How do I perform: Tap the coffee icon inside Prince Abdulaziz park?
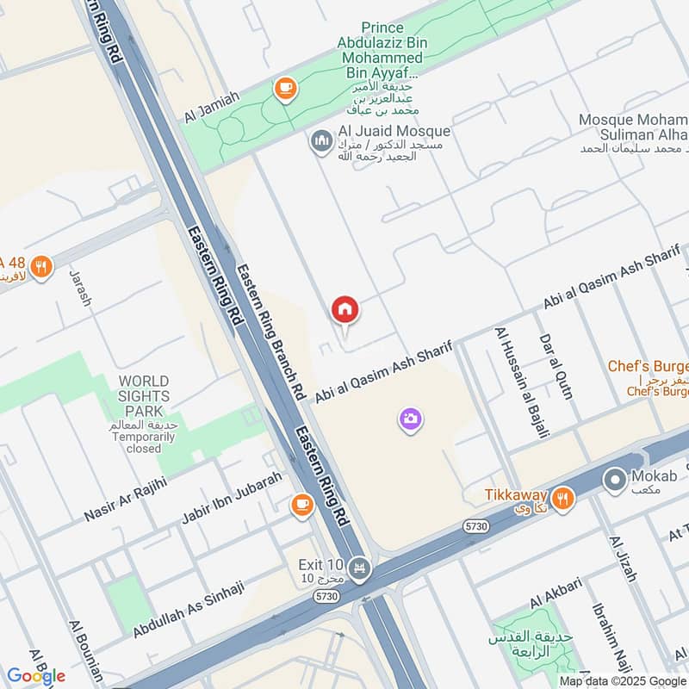[x=284, y=88]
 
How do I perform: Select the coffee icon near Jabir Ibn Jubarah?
[x=301, y=505]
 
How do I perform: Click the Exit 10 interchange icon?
[x=359, y=566]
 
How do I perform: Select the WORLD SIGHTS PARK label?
[x=144, y=395]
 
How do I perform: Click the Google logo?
[x=35, y=675]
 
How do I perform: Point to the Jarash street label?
[x=80, y=288]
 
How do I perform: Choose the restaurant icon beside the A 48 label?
[x=40, y=267]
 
